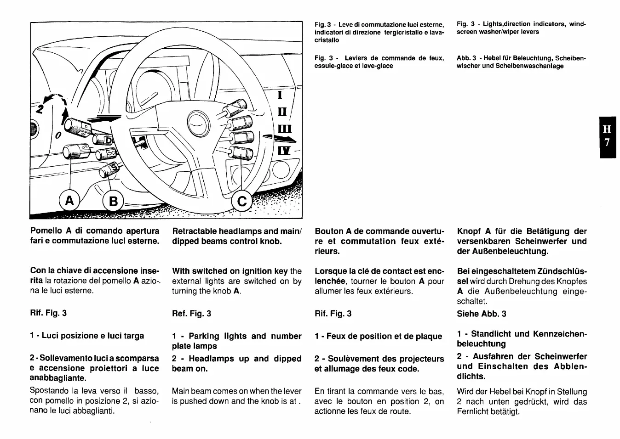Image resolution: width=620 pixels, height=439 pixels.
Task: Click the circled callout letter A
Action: [69, 201]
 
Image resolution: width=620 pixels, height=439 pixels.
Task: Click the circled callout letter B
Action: [113, 202]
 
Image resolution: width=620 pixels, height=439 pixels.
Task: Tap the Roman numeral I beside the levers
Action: [280, 96]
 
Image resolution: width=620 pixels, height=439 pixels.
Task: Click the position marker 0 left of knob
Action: [58, 136]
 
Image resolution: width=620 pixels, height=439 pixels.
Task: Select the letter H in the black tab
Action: [607, 129]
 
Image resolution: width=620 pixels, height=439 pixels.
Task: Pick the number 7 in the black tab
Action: [607, 142]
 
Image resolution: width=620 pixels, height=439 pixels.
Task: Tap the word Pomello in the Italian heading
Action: [46, 231]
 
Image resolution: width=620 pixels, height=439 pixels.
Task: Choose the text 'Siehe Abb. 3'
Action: [481, 314]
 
